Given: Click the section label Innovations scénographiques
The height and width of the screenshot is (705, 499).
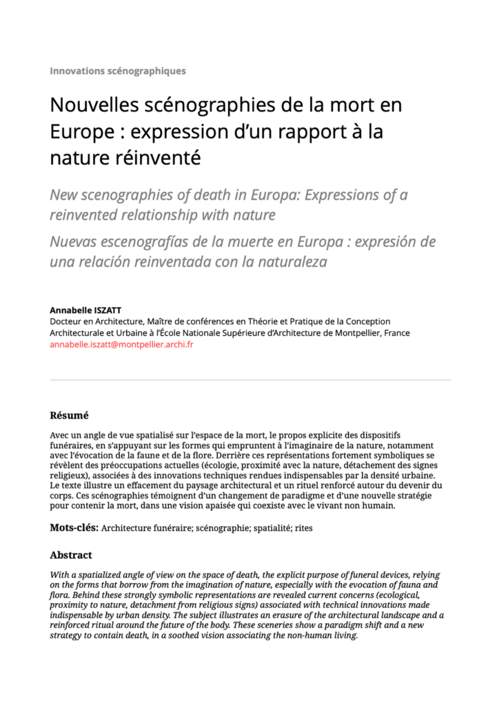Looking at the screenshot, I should [x=118, y=71].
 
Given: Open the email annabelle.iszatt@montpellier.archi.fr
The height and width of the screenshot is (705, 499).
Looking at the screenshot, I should [x=121, y=344].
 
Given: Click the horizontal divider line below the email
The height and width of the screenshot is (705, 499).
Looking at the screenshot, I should [x=250, y=379].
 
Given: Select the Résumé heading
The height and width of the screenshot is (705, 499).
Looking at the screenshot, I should [x=69, y=415].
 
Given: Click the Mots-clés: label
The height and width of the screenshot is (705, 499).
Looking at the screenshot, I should [x=74, y=528].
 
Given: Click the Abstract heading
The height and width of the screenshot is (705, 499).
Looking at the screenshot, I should [x=70, y=555].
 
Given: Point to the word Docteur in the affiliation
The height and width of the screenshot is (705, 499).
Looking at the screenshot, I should [x=67, y=322].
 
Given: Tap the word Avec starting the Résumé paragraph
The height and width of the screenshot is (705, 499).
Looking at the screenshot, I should [x=60, y=436].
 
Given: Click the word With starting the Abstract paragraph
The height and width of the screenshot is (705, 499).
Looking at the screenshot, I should [x=60, y=575].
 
